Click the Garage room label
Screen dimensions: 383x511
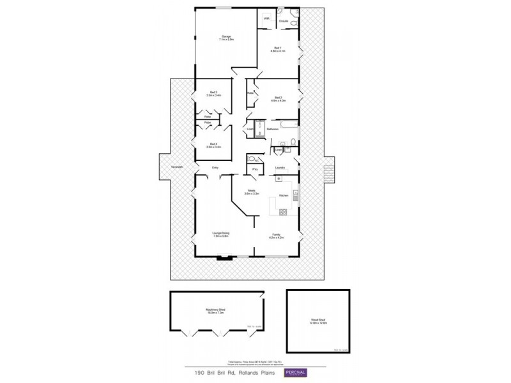pos(226,36)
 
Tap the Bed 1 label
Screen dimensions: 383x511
pos(277,48)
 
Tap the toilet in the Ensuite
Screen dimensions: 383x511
pos(294,24)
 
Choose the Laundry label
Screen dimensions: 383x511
pos(279,168)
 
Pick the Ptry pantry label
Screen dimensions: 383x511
pos(255,169)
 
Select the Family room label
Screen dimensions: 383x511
pos(277,234)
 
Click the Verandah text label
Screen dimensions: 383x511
pos(178,167)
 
